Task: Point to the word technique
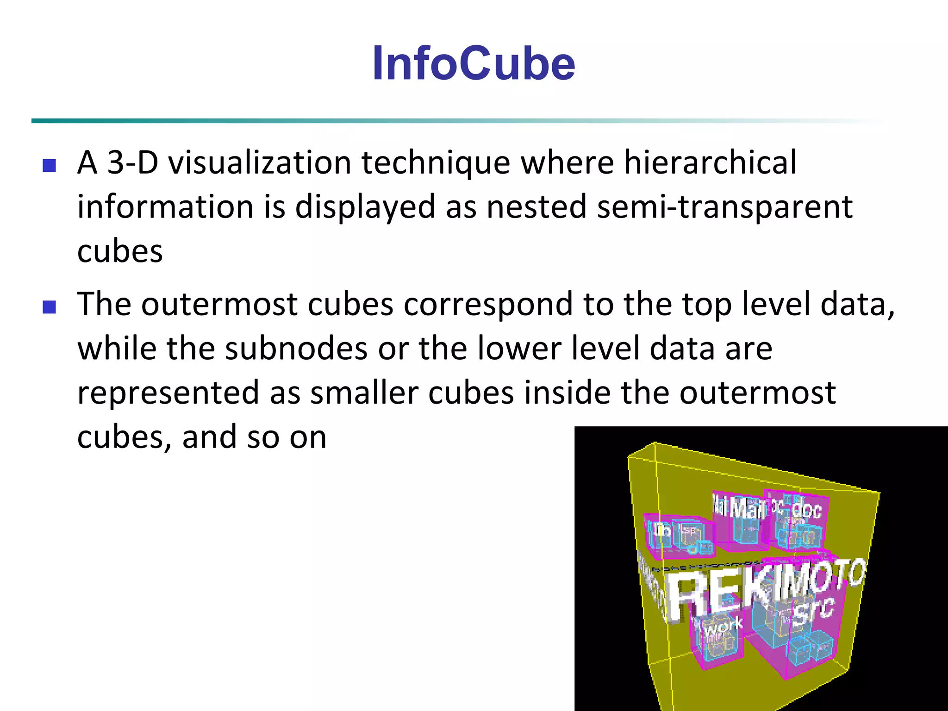click(x=436, y=164)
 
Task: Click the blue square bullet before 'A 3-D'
click(x=49, y=165)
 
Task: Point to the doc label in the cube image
click(x=806, y=510)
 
